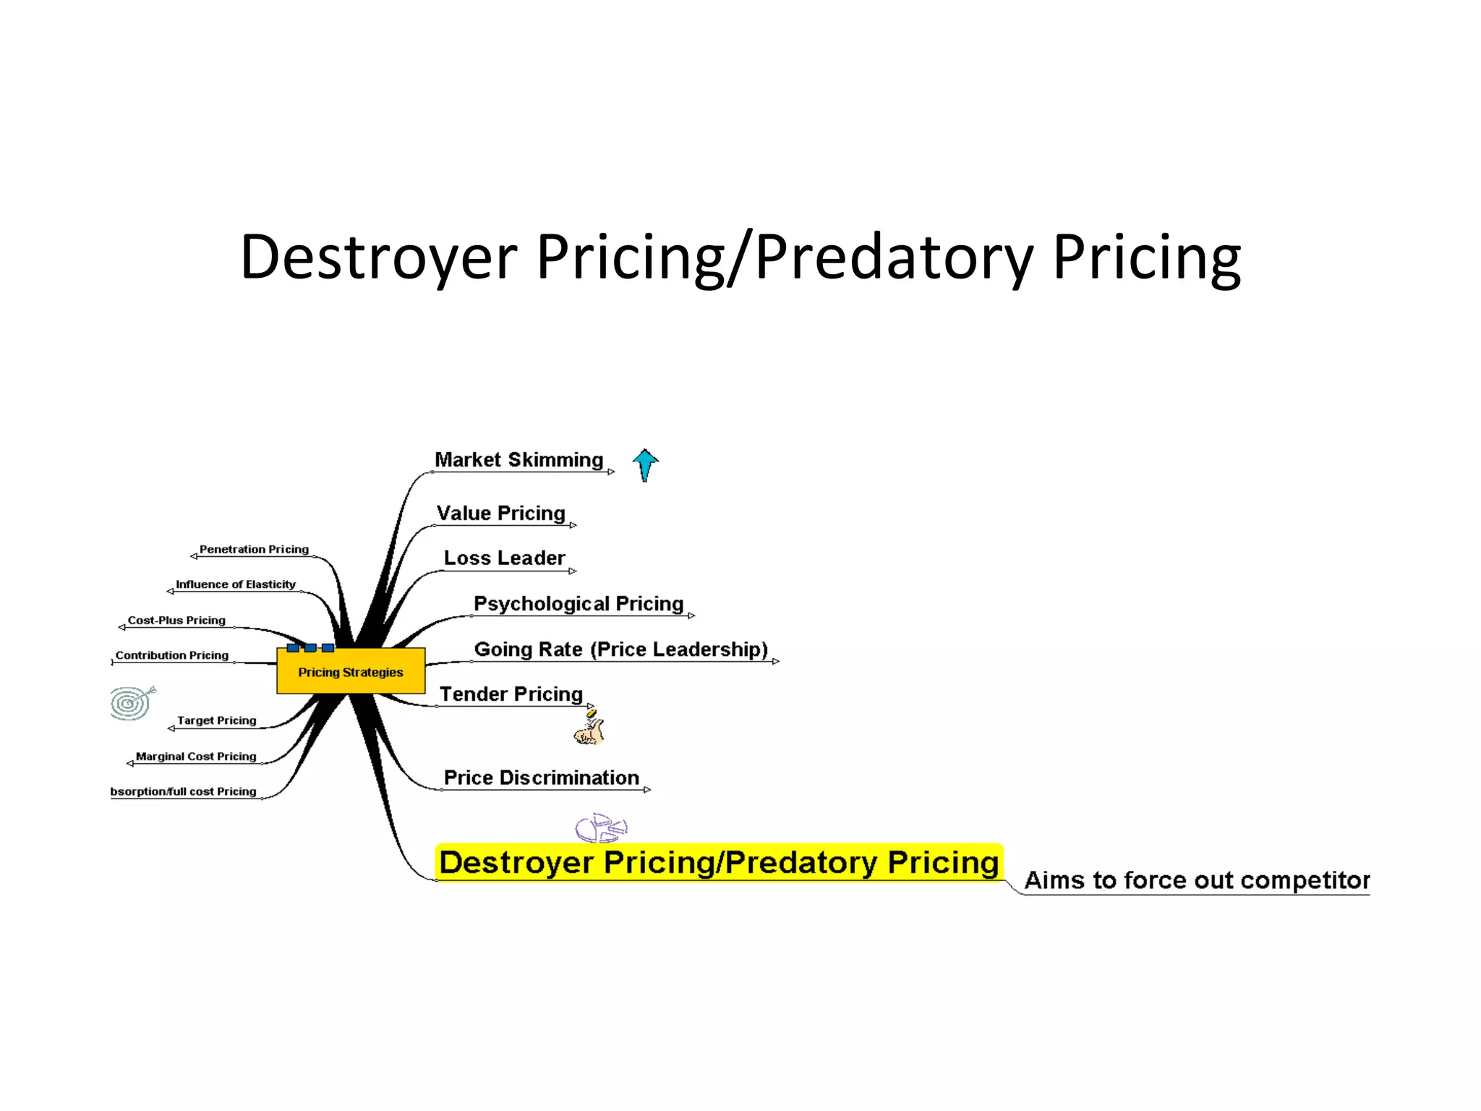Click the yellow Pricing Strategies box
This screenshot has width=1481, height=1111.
click(x=351, y=671)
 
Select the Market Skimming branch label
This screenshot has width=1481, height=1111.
click(x=518, y=460)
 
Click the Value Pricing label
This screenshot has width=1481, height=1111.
click(x=500, y=514)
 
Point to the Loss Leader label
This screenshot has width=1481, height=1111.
click(x=504, y=558)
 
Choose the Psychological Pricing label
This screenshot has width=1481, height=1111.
click(x=579, y=604)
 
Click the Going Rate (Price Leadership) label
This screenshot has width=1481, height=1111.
click(x=620, y=650)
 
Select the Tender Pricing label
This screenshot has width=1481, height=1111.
click(x=511, y=694)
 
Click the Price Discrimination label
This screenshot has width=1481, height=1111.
click(x=541, y=778)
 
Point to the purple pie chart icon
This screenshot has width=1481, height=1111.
click(x=601, y=827)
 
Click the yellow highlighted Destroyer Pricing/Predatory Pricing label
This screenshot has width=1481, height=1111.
click(x=719, y=862)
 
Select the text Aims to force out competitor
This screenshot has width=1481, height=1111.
click(x=1197, y=880)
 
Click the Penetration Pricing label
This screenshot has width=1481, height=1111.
click(x=254, y=550)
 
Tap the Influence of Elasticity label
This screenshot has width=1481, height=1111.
click(x=236, y=584)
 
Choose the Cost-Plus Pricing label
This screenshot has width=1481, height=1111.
click(x=176, y=621)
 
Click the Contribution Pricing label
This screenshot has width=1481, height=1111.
click(x=172, y=655)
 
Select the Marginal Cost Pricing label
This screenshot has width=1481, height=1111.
click(x=196, y=757)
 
